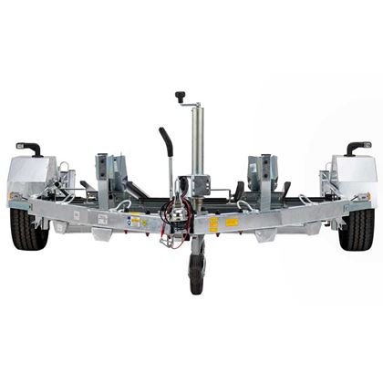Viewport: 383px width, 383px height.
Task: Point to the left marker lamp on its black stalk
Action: (x=29, y=147)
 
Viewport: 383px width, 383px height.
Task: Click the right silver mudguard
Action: (x=354, y=175)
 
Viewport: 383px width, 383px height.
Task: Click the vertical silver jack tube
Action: (x=196, y=137)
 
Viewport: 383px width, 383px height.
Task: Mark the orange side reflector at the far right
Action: (x=368, y=194)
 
